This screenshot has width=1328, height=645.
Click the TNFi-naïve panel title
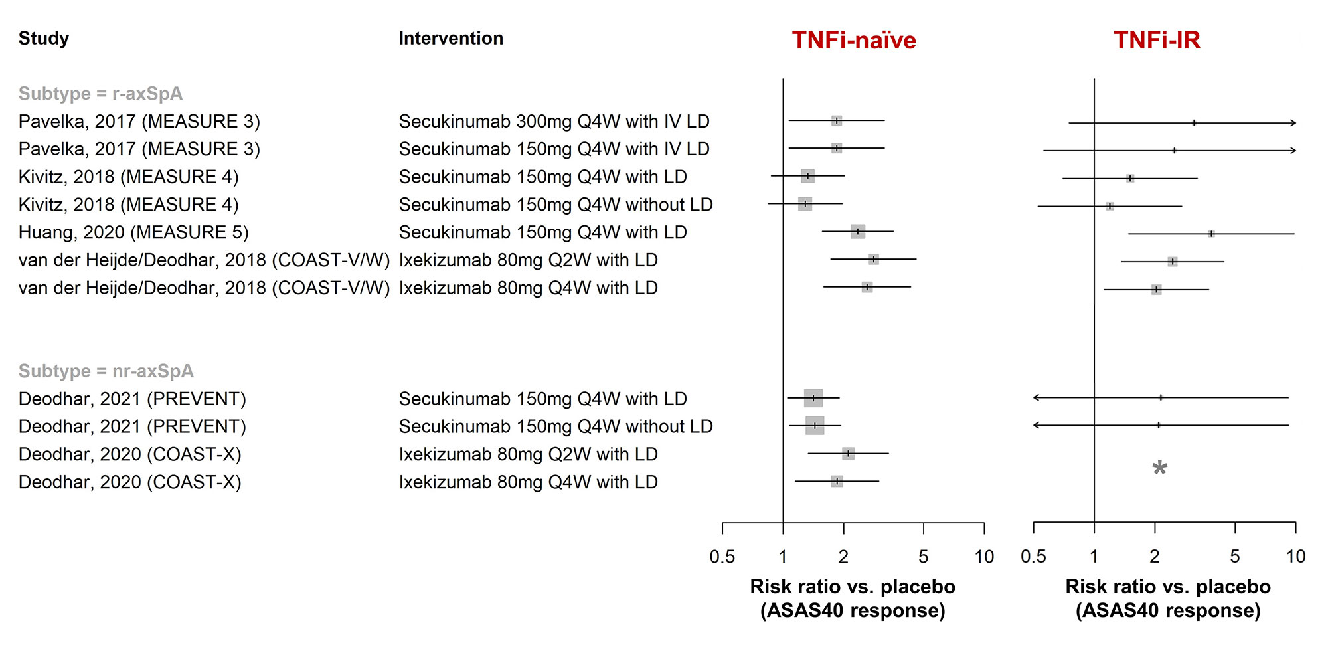pos(853,41)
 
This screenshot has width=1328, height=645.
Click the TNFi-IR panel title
pos(1157,41)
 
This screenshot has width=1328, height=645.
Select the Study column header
pos(44,39)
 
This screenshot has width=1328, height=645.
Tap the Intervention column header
pos(451,39)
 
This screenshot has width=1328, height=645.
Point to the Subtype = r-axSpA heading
pos(100,94)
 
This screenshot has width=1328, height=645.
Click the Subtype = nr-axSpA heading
pos(106,371)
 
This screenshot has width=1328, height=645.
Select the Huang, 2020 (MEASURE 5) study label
pos(133,232)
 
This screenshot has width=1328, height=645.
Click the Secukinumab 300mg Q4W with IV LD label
pos(554,122)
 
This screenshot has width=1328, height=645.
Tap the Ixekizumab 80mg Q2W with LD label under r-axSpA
pos(528,260)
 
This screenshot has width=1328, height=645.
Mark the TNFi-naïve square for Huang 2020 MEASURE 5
pos(858,232)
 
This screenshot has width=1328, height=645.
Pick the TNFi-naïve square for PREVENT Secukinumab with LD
pos(813,398)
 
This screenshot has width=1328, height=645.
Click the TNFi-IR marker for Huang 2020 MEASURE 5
pos(1211,234)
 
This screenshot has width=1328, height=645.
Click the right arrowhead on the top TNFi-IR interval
pos(1293,123)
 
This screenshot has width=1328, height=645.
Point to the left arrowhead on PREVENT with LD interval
pos(1036,398)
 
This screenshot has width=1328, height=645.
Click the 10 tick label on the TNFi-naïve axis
pos(983,557)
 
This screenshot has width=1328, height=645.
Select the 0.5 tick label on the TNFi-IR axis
pos(1033,557)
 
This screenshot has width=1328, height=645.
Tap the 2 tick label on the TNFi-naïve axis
pos(843,557)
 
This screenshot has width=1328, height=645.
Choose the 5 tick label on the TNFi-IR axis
pos(1234,557)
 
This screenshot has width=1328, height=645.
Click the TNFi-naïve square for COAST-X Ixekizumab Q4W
pos(837,481)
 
